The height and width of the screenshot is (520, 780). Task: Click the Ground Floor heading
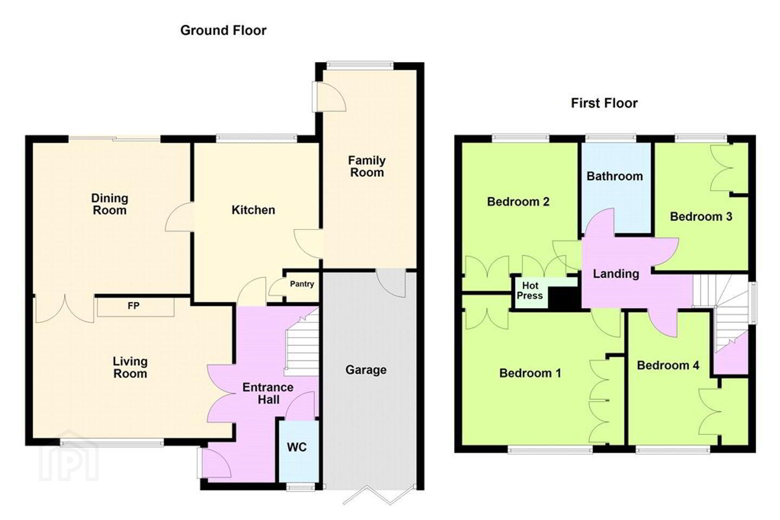(223, 30)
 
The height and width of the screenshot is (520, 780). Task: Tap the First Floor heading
(604, 103)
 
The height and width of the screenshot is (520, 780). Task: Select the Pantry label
(302, 284)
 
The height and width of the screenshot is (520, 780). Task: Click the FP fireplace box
(135, 307)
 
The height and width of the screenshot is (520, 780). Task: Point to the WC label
(297, 447)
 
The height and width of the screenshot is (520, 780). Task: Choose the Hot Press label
(530, 290)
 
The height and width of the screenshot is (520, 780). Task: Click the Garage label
(366, 370)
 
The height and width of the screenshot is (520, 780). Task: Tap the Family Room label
(367, 166)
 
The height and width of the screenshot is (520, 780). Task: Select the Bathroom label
(615, 176)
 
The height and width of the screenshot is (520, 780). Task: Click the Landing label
(616, 274)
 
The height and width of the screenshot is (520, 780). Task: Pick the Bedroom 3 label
(701, 217)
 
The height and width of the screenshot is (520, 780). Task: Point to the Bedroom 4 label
(668, 366)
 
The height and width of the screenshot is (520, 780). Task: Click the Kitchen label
(253, 210)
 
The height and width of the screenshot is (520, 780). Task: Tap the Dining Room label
(109, 204)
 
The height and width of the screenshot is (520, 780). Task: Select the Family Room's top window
(360, 65)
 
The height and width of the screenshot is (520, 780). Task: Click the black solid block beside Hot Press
(564, 298)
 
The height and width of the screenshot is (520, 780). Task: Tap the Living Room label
(130, 367)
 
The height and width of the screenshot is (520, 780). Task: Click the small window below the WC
(301, 487)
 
